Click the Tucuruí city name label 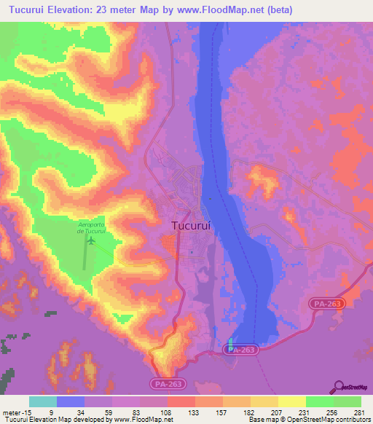click(192, 226)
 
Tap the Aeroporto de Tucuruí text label click(91, 227)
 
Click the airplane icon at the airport click(91, 240)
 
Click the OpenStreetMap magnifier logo click(339, 387)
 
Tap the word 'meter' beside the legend click(10, 412)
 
